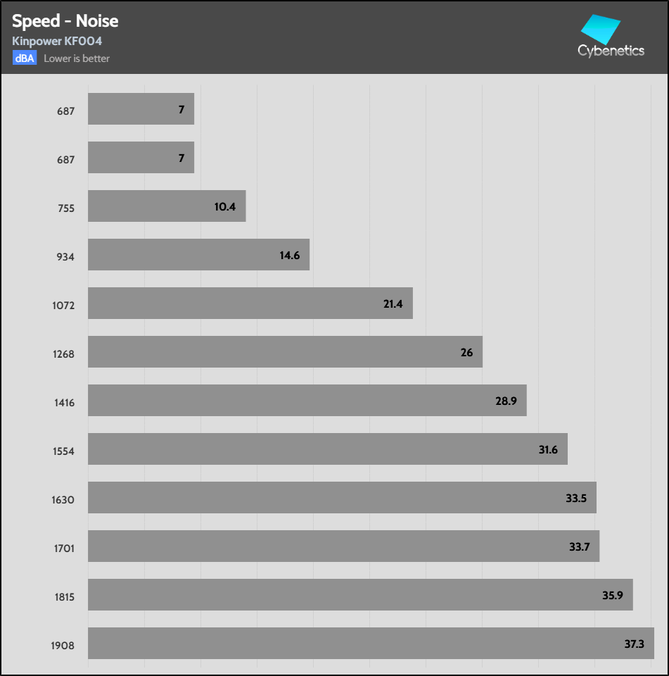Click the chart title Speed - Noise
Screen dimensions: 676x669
coord(65,21)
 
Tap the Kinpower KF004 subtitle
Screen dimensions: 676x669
coord(57,42)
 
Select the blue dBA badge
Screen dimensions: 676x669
coord(24,58)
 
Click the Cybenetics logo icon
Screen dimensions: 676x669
coord(599,29)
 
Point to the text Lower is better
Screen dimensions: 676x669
coord(77,58)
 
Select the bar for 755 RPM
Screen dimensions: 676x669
coord(167,206)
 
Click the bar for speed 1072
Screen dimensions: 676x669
coord(250,303)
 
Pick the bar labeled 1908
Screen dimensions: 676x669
coord(371,643)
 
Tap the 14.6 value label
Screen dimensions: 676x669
coord(289,255)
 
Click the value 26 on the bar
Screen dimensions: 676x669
coord(467,352)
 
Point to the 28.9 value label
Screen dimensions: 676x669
coord(506,401)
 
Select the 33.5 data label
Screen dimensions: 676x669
coord(575,498)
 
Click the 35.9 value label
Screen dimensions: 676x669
coord(613,595)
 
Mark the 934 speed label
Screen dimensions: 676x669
coord(65,257)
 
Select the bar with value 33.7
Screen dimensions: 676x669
coord(343,546)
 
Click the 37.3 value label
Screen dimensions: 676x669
coord(634,644)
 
